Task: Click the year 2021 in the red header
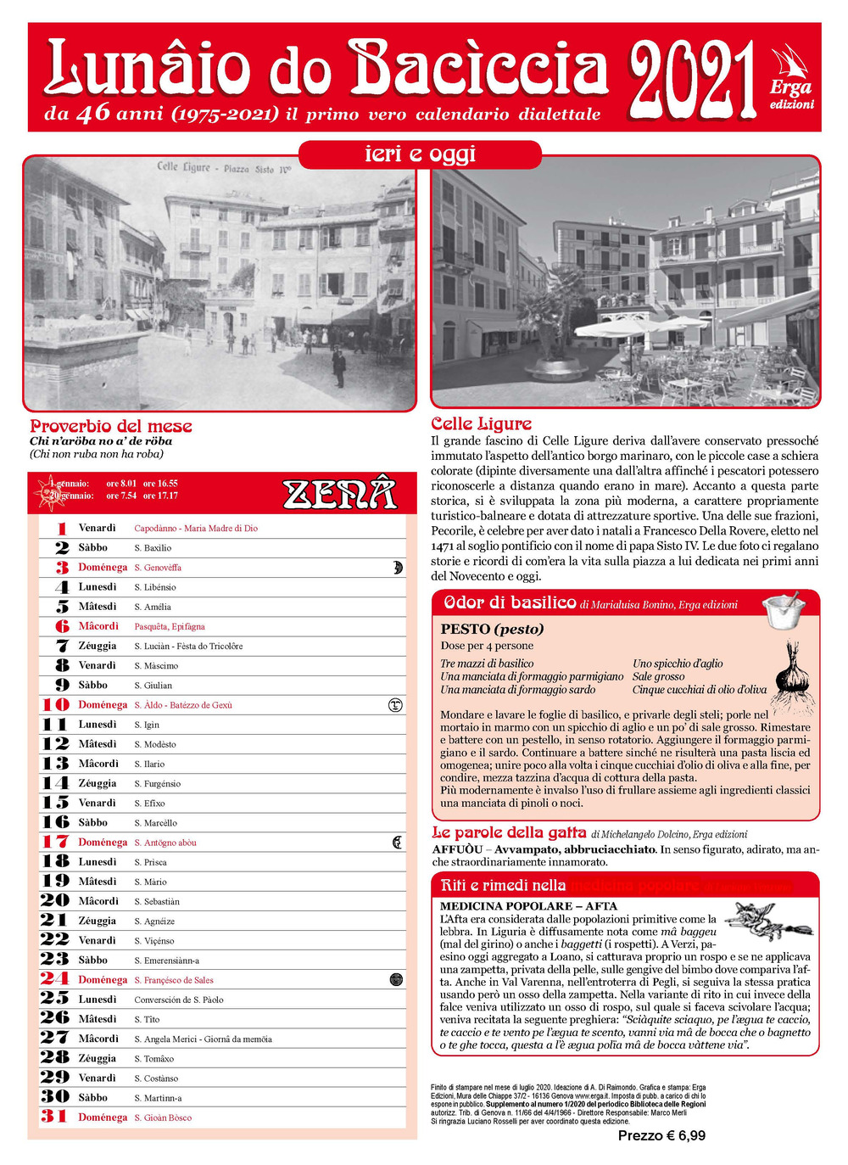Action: [691, 79]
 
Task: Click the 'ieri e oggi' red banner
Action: [420, 154]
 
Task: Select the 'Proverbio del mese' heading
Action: [111, 426]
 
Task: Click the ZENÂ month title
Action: [339, 493]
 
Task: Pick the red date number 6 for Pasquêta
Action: [62, 626]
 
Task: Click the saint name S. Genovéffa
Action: [158, 568]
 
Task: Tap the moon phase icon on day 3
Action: [397, 568]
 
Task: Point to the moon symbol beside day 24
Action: [395, 980]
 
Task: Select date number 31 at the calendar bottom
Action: [54, 1117]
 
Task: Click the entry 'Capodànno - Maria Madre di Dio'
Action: [196, 529]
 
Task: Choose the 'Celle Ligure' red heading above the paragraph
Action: [481, 423]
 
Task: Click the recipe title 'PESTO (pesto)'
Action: [492, 629]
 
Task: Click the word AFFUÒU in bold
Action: [457, 849]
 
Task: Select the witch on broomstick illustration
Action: [763, 922]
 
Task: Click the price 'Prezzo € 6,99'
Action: [661, 1135]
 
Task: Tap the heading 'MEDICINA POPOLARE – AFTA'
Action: [528, 906]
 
